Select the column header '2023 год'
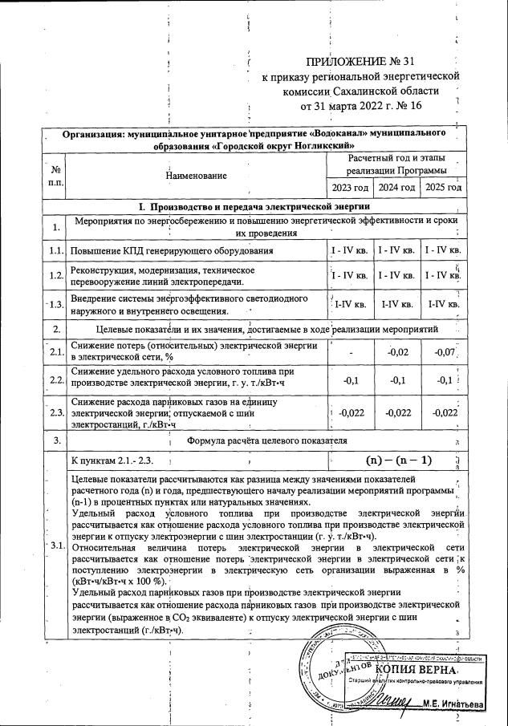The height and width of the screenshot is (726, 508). (x=350, y=188)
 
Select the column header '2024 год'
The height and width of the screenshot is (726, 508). (x=400, y=188)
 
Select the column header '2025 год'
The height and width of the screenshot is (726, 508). (x=443, y=188)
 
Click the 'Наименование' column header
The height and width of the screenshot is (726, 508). (x=196, y=174)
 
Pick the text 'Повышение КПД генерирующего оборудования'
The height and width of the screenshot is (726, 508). (x=173, y=252)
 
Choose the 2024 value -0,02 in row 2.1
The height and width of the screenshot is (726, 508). (x=398, y=351)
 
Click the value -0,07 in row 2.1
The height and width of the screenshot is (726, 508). (x=444, y=351)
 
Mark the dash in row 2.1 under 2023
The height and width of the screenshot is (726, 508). (x=351, y=351)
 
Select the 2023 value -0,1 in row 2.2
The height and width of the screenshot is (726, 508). (x=351, y=380)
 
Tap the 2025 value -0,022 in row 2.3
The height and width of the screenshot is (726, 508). (x=444, y=412)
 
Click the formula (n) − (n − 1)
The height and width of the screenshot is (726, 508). (x=398, y=460)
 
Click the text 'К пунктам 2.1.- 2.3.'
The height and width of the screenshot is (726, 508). (x=112, y=461)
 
